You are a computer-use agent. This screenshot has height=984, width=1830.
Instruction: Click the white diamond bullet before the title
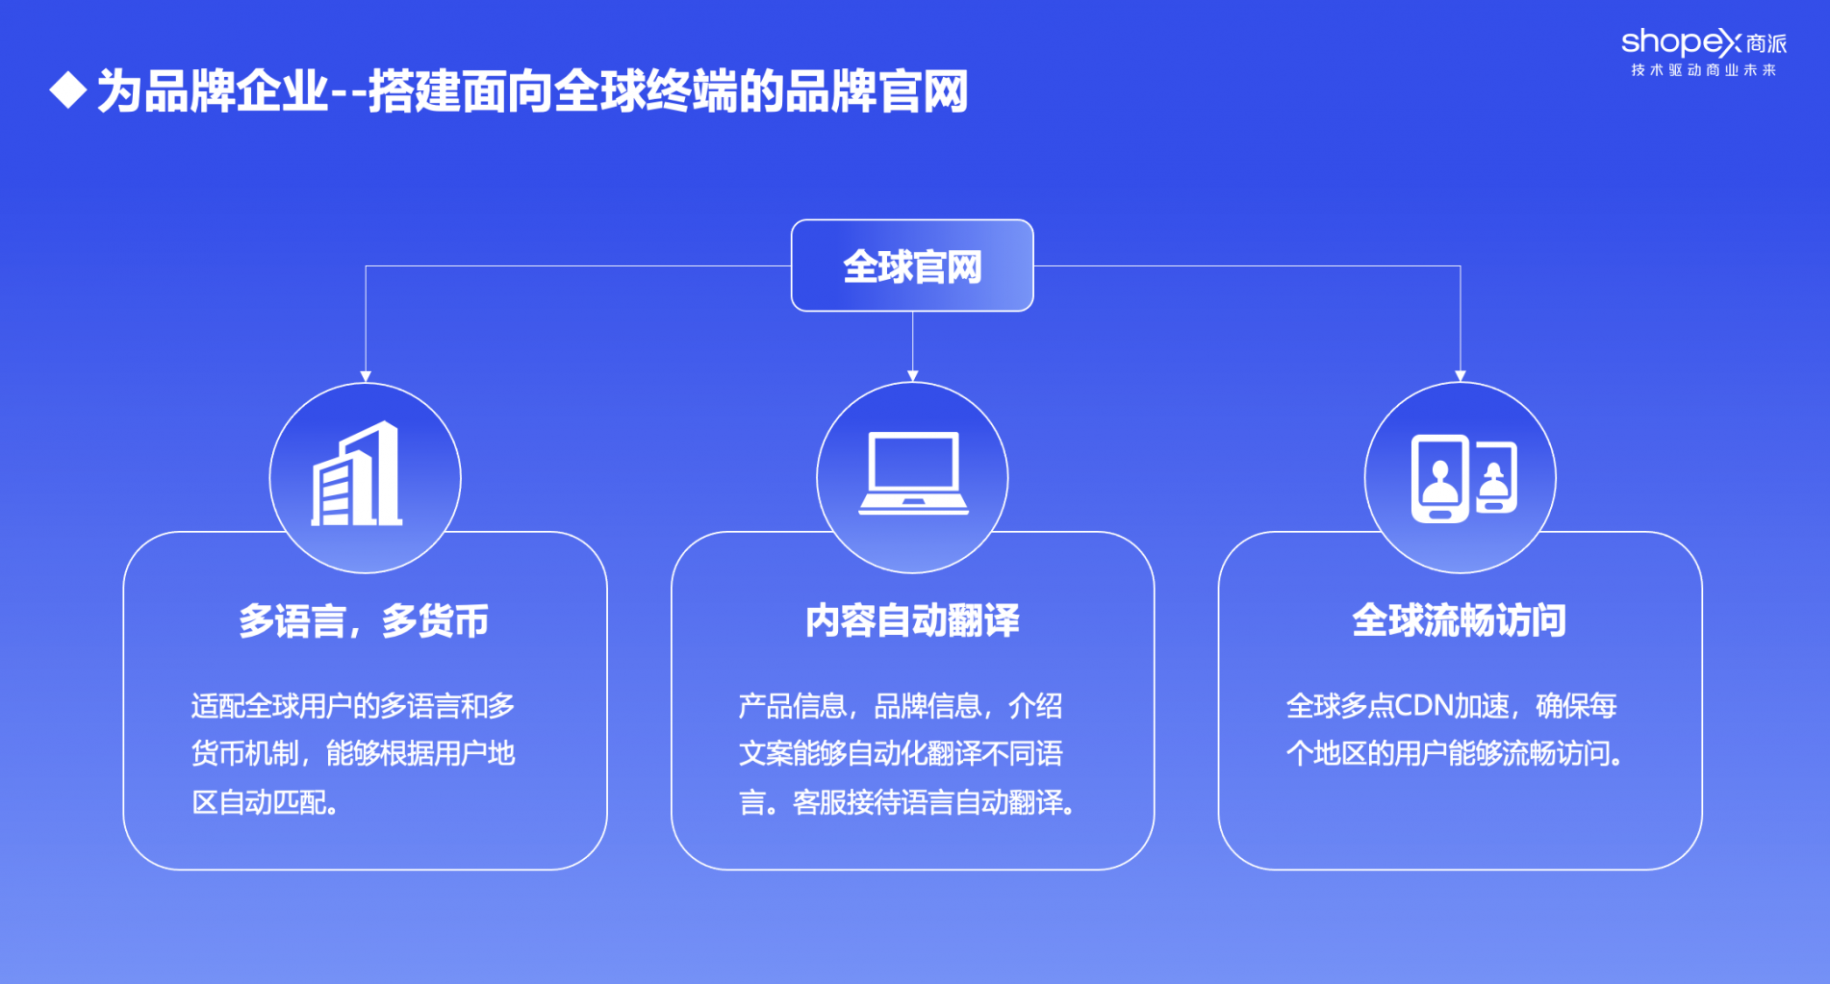pos(68,90)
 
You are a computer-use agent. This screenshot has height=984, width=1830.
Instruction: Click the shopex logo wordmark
pos(1704,43)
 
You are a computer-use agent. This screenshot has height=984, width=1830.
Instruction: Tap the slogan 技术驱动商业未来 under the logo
pos(1704,70)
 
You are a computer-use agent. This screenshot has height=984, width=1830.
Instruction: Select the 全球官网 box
pos(912,265)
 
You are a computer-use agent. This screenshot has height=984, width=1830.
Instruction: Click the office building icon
pos(357,474)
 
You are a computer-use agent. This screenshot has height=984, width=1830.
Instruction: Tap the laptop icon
pos(913,473)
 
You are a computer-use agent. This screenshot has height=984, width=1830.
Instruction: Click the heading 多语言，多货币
pos(364,621)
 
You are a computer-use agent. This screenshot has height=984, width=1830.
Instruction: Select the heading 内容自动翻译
pos(912,621)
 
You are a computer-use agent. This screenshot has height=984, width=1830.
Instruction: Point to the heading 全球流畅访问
pos(1460,621)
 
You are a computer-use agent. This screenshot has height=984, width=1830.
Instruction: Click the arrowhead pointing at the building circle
pos(366,376)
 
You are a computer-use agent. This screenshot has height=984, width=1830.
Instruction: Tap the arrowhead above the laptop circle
pos(913,376)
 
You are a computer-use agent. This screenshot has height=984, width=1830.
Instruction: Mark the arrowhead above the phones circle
pos(1461,376)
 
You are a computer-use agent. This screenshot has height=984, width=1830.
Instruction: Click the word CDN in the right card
pos(1423,706)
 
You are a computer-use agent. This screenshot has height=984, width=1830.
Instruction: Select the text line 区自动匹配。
pos(266,802)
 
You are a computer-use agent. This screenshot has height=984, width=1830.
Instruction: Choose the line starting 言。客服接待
pos(907,802)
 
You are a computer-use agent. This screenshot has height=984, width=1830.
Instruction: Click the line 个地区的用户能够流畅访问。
pos(1456,753)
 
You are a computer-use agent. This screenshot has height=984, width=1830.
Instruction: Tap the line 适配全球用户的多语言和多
pos(353,706)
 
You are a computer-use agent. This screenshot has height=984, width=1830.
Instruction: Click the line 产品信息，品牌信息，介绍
pos(901,706)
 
